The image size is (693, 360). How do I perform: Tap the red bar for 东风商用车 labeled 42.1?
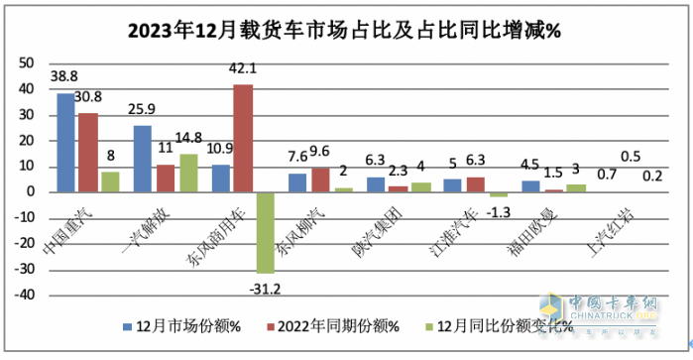click(243, 138)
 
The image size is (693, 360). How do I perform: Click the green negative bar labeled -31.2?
click(266, 232)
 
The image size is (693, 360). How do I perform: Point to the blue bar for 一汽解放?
click(143, 159)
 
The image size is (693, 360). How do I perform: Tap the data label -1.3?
click(502, 209)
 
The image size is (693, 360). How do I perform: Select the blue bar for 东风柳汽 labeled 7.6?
click(297, 182)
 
